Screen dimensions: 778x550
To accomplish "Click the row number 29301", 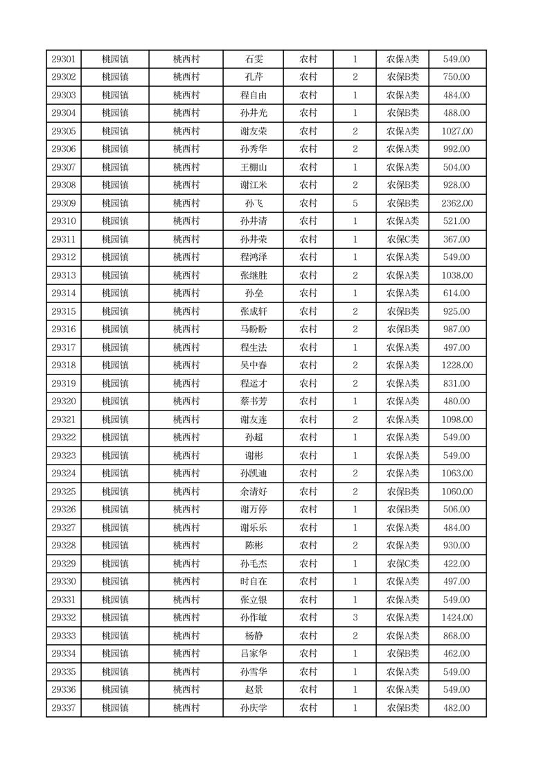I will (64, 60).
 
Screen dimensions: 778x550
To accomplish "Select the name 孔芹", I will (254, 78).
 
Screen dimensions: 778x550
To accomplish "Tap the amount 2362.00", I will (456, 204).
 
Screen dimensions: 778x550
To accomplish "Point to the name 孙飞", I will (254, 204).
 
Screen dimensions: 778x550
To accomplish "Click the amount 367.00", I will (456, 240).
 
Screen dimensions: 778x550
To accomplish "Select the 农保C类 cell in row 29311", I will (402, 240).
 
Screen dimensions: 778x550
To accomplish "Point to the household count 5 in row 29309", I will (355, 204).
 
